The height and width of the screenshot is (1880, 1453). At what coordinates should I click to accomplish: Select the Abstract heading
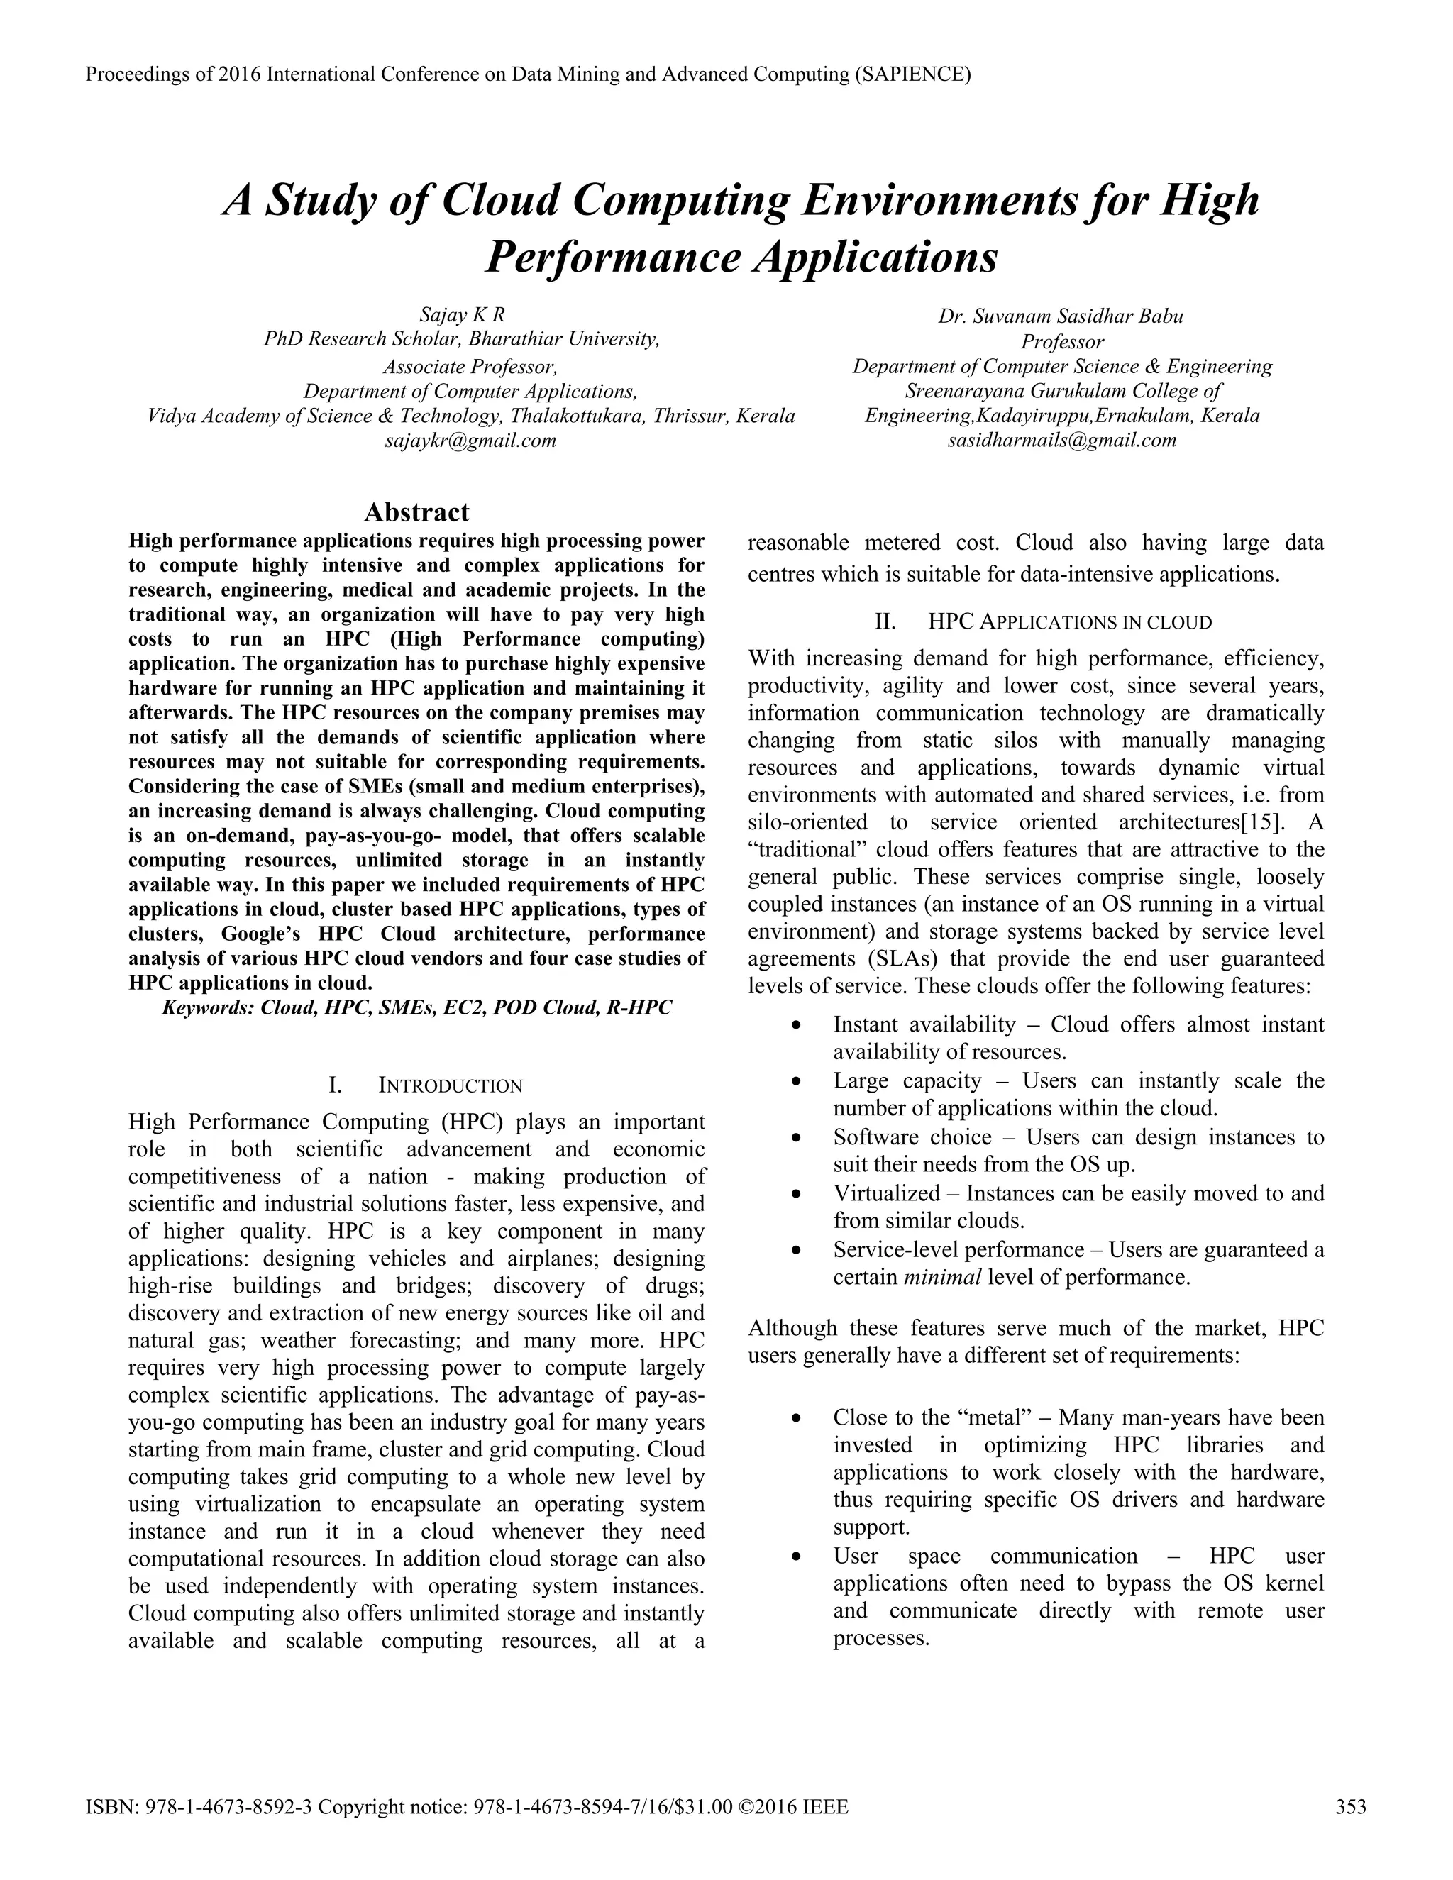pos(416,512)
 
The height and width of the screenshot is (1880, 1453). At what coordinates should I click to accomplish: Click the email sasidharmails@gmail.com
pos(1062,441)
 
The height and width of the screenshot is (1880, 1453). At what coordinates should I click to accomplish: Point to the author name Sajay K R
pos(463,315)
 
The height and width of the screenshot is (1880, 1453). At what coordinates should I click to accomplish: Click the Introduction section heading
pos(451,1085)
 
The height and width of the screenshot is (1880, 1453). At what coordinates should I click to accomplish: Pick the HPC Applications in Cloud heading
pos(1070,621)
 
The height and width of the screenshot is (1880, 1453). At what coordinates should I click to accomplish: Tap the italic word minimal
pos(943,1276)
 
